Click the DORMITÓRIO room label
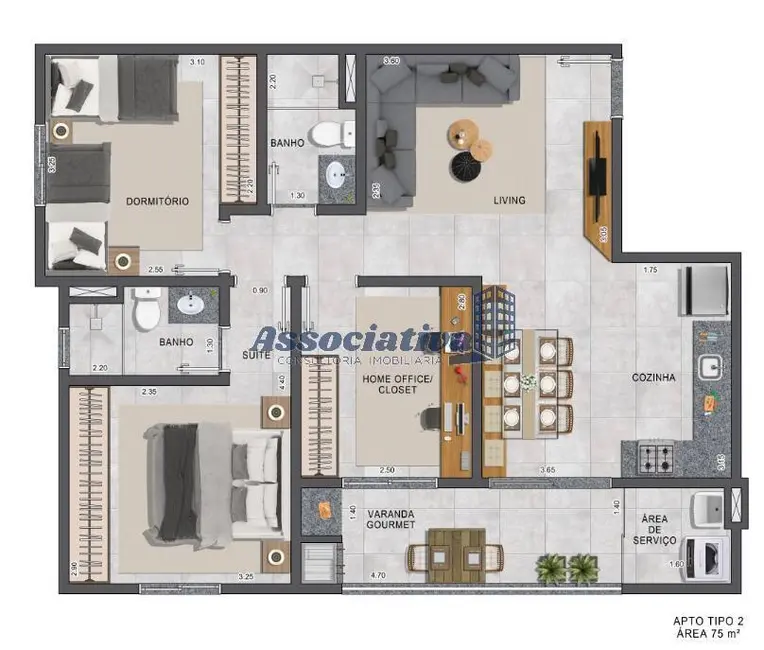157,201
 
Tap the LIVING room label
509,200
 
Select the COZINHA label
654,378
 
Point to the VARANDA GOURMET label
390,520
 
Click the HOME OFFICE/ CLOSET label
397,386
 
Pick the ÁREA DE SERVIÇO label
654,530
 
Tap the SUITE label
254,355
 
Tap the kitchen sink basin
713,367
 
